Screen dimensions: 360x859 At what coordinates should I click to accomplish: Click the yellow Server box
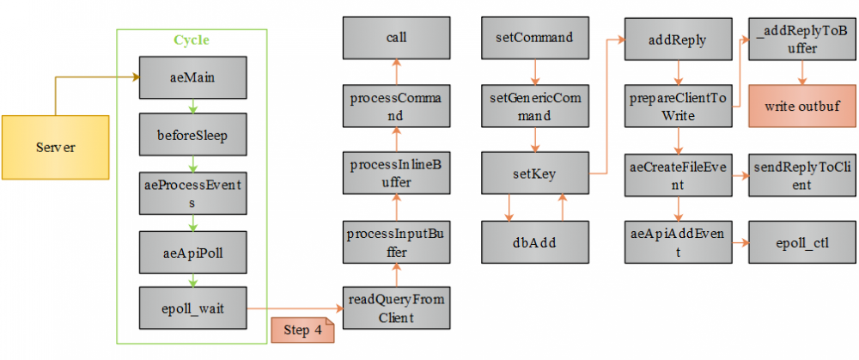[55, 147]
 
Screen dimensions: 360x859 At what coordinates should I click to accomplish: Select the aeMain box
[192, 77]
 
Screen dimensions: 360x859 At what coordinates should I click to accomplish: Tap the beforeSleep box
[192, 134]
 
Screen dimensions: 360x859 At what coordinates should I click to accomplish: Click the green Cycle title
[192, 40]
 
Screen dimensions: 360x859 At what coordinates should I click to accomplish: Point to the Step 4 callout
[302, 331]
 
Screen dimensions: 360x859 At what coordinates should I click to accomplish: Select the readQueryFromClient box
[395, 308]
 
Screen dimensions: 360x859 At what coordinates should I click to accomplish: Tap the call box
[395, 39]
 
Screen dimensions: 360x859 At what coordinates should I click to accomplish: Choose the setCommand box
[534, 39]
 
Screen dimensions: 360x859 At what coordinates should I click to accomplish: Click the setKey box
[534, 174]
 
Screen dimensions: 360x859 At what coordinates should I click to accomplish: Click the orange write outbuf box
[802, 107]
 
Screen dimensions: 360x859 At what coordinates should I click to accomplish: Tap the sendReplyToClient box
[802, 174]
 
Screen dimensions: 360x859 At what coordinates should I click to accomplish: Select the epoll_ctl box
[802, 242]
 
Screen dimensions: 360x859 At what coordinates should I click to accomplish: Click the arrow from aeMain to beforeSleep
[192, 106]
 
